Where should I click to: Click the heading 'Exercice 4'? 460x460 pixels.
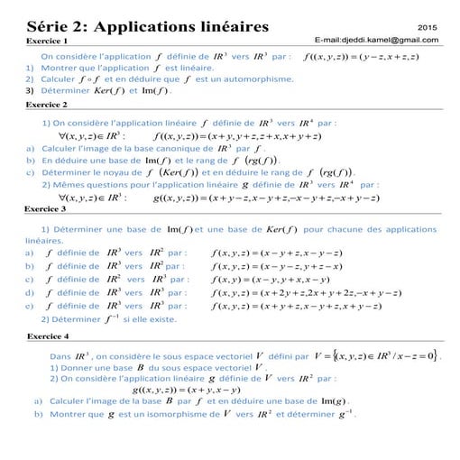click(x=48, y=336)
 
